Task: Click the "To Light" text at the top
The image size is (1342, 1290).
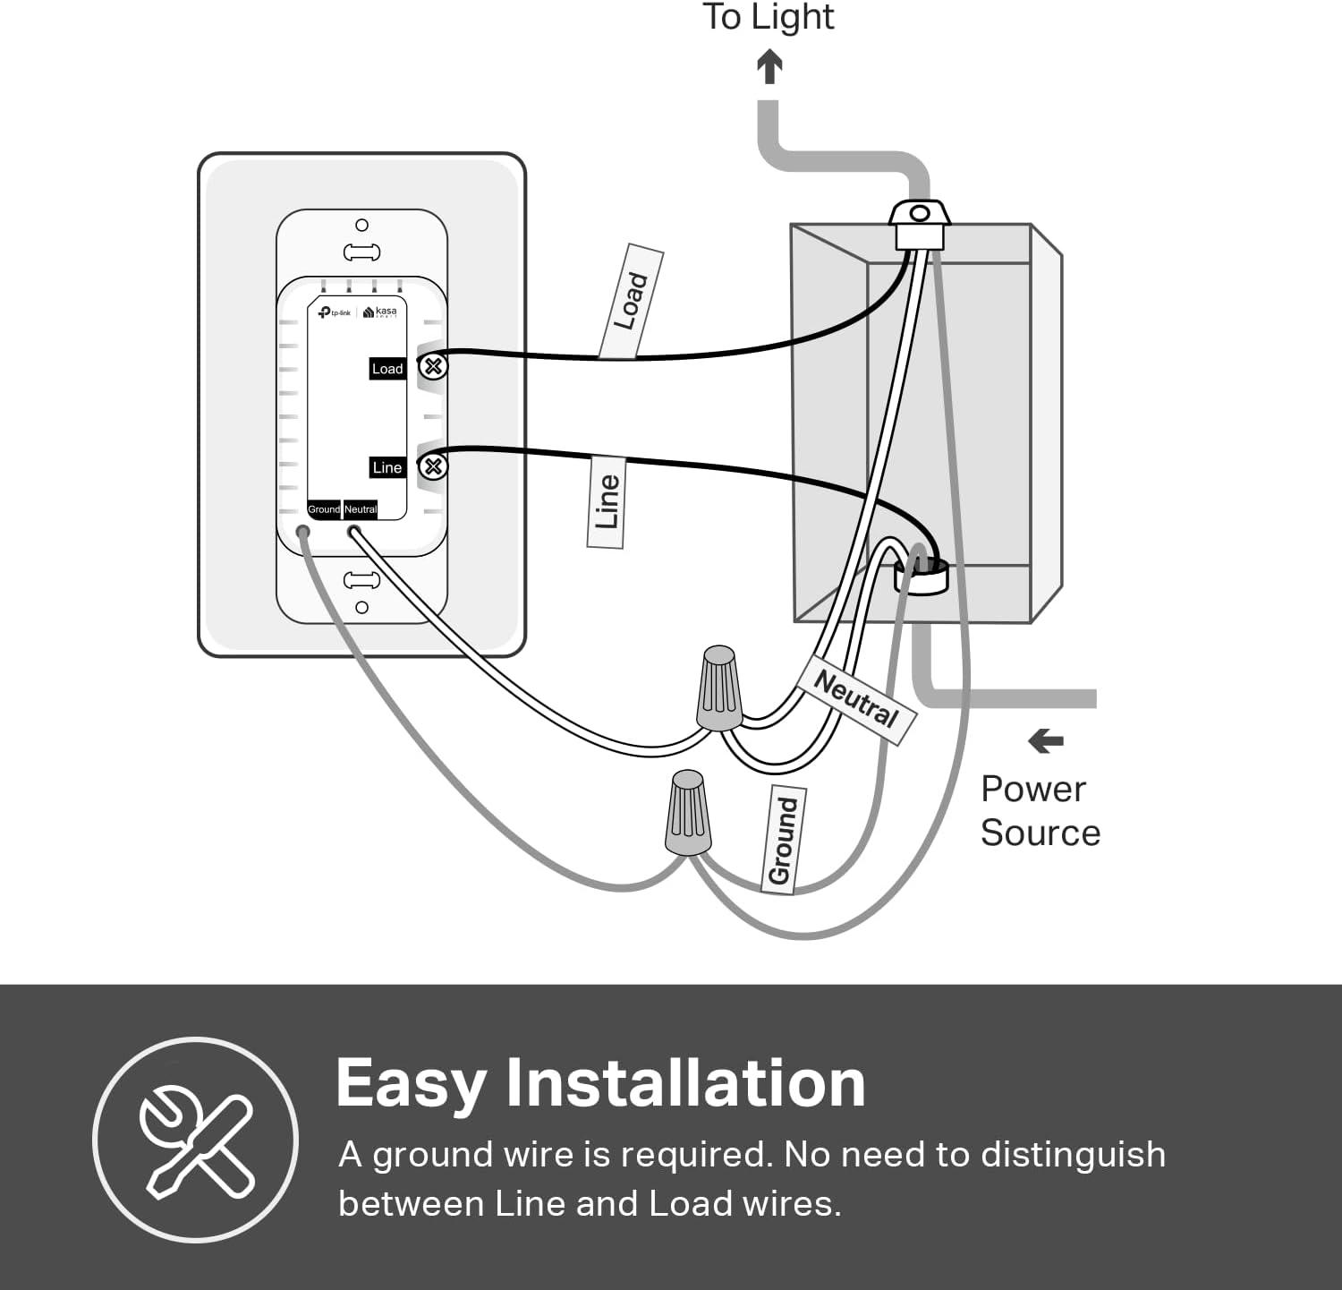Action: click(768, 18)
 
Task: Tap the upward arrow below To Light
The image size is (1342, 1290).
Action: click(769, 66)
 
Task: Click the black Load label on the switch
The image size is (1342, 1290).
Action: click(387, 369)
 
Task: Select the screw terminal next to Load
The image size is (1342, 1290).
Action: click(434, 366)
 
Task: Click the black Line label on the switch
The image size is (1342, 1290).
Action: click(387, 467)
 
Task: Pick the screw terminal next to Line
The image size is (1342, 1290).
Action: click(434, 466)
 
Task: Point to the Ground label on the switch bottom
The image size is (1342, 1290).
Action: click(324, 509)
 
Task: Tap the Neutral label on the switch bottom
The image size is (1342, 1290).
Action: click(361, 509)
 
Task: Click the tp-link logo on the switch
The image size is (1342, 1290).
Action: click(335, 312)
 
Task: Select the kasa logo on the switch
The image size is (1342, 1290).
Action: click(381, 312)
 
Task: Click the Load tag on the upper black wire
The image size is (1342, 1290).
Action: click(631, 301)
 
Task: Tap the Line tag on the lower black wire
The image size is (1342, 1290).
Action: click(607, 501)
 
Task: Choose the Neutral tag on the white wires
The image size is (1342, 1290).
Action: click(856, 698)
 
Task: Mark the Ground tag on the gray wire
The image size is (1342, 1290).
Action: click(783, 840)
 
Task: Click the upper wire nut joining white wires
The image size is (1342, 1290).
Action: click(720, 688)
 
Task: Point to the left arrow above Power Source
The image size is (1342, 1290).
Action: click(1045, 741)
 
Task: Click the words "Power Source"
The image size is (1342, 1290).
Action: click(1040, 811)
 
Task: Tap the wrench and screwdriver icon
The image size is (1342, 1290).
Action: click(195, 1140)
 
